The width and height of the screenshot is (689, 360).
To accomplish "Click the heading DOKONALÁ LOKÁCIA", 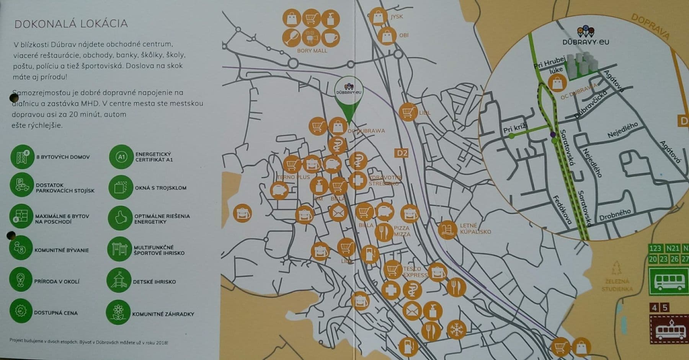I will pos(71,24).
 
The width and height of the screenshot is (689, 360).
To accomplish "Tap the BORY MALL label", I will pos(312,50).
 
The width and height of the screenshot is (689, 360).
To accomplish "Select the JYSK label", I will pos(397,17).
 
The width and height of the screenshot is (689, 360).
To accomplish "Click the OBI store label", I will pos(404,35).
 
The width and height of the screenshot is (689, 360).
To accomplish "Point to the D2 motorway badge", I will pos(402,153).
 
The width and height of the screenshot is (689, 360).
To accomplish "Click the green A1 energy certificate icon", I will pos(121,157).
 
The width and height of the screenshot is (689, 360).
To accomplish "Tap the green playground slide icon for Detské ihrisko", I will pos(119,280).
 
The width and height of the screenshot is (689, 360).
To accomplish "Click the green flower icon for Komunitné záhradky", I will pos(118,312).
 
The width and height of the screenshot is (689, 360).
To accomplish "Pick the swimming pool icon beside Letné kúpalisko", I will pos(447,230).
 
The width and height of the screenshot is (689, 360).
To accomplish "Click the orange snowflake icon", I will pos(457,329).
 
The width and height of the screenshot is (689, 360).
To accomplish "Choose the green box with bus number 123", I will pos(655,248).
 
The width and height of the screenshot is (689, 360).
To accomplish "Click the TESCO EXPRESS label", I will pos(415,272).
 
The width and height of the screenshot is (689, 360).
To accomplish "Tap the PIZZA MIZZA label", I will pos(402,231).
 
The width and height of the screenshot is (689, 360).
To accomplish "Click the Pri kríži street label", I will pos(515,128).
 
